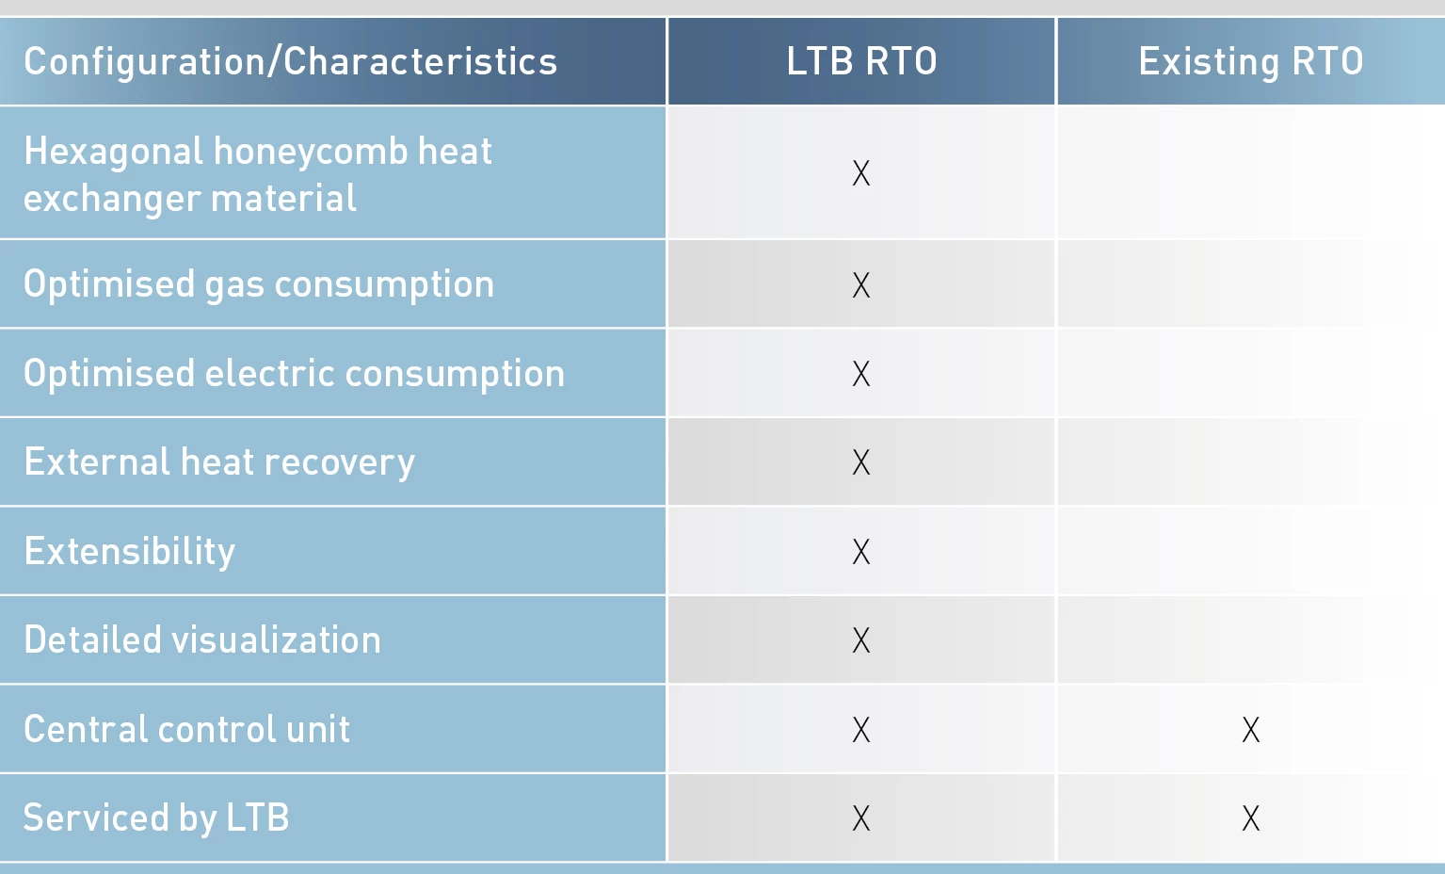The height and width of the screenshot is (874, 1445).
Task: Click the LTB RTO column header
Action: coord(861,62)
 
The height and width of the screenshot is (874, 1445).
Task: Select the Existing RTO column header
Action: coord(1250,62)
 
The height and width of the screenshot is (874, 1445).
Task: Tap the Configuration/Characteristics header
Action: coord(290,62)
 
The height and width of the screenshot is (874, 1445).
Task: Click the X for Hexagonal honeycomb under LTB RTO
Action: coord(861,173)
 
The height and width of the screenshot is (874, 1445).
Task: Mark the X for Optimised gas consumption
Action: coord(861,285)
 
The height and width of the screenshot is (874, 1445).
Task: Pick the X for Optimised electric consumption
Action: coord(861,374)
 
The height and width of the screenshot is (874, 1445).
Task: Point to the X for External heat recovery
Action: coord(861,462)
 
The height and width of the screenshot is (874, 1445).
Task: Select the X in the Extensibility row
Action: coord(861,552)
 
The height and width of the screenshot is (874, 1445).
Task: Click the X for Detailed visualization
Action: coord(861,640)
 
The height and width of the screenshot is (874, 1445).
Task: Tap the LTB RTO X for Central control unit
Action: coord(861,730)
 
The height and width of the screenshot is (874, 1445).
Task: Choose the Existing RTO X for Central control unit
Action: coord(1250,730)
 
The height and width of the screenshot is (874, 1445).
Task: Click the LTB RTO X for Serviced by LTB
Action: coord(861,818)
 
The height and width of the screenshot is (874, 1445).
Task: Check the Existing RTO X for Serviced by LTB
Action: coord(1250,818)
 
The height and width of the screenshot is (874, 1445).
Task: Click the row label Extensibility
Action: coord(130,552)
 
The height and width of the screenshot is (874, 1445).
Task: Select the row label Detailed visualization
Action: coord(202,640)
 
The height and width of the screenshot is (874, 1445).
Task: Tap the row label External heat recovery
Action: coord(219,462)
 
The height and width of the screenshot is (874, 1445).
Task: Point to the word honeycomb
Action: coord(311,152)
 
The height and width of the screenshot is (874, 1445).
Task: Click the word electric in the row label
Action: coord(269,374)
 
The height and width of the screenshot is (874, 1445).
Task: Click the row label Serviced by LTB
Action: coord(156,818)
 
